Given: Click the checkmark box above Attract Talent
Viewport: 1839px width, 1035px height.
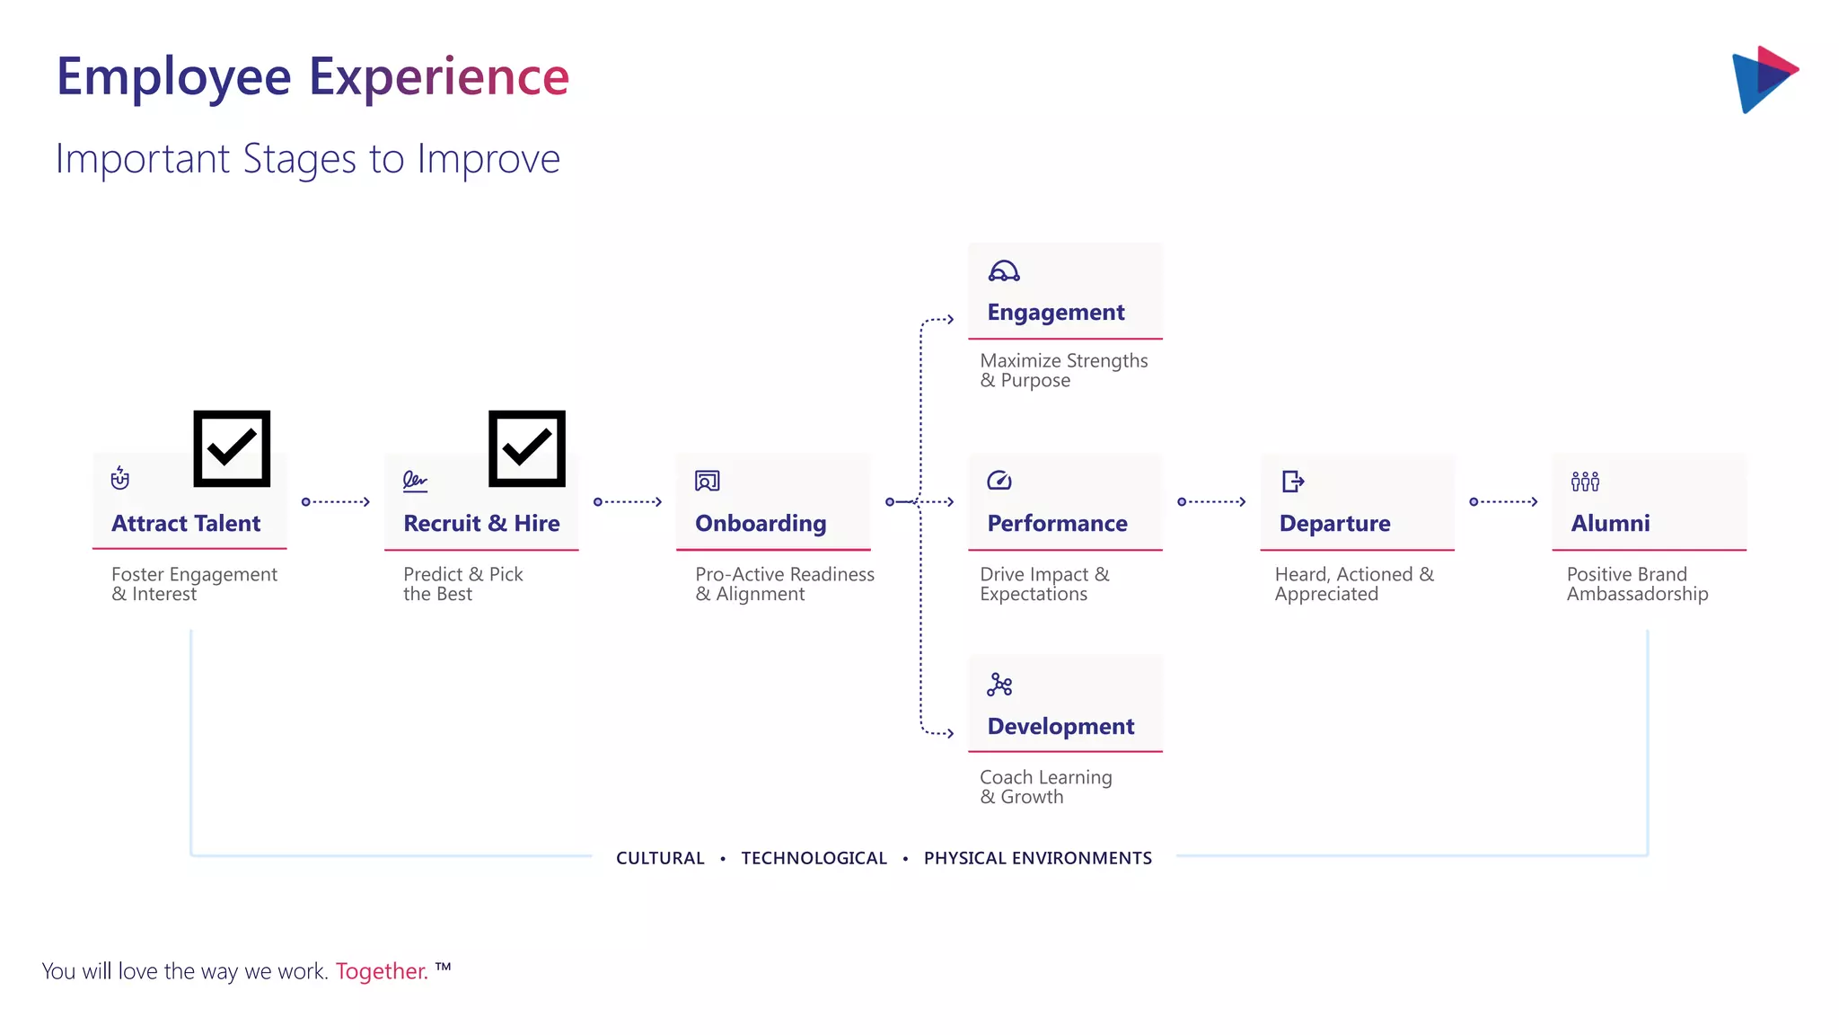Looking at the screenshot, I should (x=232, y=448).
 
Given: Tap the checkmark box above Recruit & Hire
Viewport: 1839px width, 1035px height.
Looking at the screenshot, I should (x=527, y=448).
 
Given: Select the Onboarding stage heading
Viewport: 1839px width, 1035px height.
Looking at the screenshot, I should (x=761, y=523).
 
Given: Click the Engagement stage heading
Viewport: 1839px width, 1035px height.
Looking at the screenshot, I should (x=1056, y=312).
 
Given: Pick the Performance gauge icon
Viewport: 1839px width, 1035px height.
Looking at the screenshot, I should (x=999, y=481).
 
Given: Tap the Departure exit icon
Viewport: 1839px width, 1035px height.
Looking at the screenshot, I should (x=1293, y=482).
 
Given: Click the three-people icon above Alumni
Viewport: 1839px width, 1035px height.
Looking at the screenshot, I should (x=1585, y=482).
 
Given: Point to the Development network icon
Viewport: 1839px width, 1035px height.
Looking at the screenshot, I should (x=999, y=686).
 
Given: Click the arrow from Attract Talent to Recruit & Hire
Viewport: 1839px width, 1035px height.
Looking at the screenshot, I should (x=337, y=501).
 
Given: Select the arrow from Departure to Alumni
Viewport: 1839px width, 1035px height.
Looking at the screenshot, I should (x=1504, y=501).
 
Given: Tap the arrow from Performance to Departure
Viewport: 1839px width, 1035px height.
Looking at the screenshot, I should (x=1212, y=501).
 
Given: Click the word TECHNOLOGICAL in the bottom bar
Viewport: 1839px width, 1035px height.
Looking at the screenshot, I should (x=814, y=858).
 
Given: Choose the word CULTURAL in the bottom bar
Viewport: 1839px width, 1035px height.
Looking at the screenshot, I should (x=660, y=858).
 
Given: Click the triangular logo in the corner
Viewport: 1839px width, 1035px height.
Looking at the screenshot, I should (x=1764, y=79).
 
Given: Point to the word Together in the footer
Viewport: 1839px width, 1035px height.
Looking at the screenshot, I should (x=382, y=971).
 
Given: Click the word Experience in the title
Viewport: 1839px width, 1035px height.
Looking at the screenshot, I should (x=439, y=76).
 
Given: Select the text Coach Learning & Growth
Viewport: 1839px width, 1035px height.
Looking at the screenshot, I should (x=1045, y=787).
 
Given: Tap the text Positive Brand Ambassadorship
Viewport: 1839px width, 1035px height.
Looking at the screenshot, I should (x=1637, y=584).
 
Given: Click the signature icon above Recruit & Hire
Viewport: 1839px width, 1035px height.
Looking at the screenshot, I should (x=415, y=482).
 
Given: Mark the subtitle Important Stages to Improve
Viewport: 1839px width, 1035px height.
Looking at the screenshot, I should (x=308, y=159).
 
